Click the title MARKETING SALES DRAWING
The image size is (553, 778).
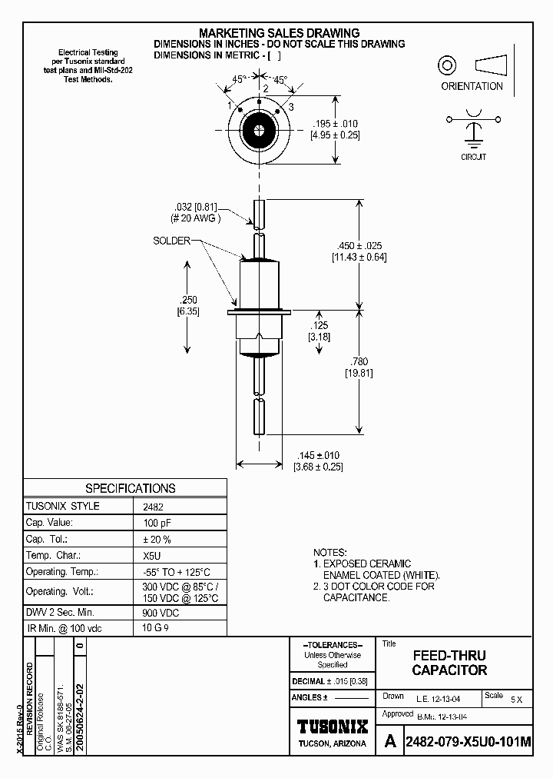click(x=279, y=33)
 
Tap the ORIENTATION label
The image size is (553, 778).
click(x=472, y=86)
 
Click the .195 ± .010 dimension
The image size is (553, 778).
click(x=334, y=124)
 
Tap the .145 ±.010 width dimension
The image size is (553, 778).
click(x=317, y=455)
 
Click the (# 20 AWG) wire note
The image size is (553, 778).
click(x=195, y=218)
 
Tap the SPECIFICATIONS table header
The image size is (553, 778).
click(x=130, y=488)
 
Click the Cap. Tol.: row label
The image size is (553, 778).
click(x=48, y=539)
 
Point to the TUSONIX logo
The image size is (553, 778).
click(x=333, y=726)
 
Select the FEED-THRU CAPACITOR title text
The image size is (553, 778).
click(x=449, y=663)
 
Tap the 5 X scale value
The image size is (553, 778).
click(x=516, y=700)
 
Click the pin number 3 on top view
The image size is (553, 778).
click(x=291, y=106)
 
